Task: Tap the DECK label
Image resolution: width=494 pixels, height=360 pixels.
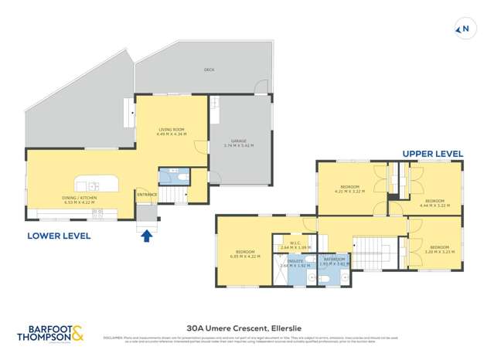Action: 209,70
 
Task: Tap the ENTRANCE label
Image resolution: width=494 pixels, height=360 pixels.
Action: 147,195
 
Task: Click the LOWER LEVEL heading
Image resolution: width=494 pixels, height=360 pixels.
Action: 59,235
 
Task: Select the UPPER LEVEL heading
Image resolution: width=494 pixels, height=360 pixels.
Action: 432,154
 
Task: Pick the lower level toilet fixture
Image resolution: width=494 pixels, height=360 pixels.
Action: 181,177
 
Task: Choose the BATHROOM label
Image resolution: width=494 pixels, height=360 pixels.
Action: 334,260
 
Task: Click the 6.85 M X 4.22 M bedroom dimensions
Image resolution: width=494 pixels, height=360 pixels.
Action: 247,256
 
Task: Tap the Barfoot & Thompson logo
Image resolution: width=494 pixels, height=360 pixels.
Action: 50,333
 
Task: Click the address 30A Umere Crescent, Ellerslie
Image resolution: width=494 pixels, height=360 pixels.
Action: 247,327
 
